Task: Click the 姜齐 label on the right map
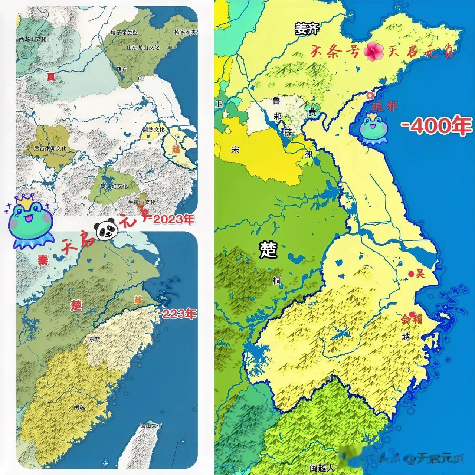coord(307,29)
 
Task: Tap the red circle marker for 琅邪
coord(370,95)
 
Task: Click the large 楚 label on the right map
coord(268,250)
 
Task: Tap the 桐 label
coord(277,281)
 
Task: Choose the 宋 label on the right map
coord(235,150)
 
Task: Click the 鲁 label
coord(276,101)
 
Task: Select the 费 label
coord(312,112)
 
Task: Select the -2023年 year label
coord(171,219)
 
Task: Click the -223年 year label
coord(177,314)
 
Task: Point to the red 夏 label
coord(50,76)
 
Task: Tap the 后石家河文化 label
coord(50,148)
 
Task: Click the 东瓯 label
coord(95,339)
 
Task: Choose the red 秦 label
coord(43,259)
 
